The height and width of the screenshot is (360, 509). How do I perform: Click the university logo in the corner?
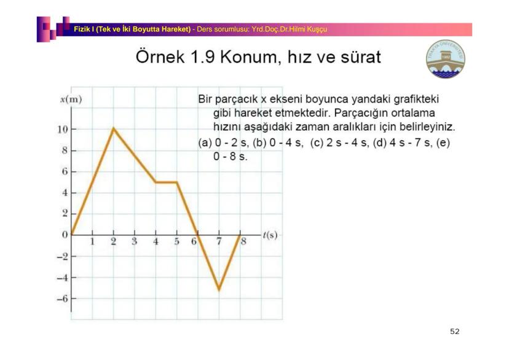pyautogui.click(x=446, y=59)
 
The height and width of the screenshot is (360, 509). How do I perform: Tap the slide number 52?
pyautogui.click(x=454, y=332)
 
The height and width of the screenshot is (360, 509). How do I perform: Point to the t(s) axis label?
pyautogui.click(x=270, y=235)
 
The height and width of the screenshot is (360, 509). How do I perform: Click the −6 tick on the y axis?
pyautogui.click(x=63, y=299)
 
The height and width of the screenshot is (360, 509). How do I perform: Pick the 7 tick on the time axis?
pyautogui.click(x=218, y=241)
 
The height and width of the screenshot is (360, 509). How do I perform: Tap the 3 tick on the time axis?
pyautogui.click(x=134, y=241)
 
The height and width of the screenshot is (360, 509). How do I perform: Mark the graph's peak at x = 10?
pyautogui.click(x=113, y=128)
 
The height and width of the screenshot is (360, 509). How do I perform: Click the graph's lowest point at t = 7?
pyautogui.click(x=218, y=289)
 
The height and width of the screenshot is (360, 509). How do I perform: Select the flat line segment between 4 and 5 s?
pyautogui.click(x=166, y=182)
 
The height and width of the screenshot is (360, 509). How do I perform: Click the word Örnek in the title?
pyautogui.click(x=159, y=58)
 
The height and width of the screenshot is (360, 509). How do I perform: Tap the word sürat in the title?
pyautogui.click(x=358, y=58)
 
